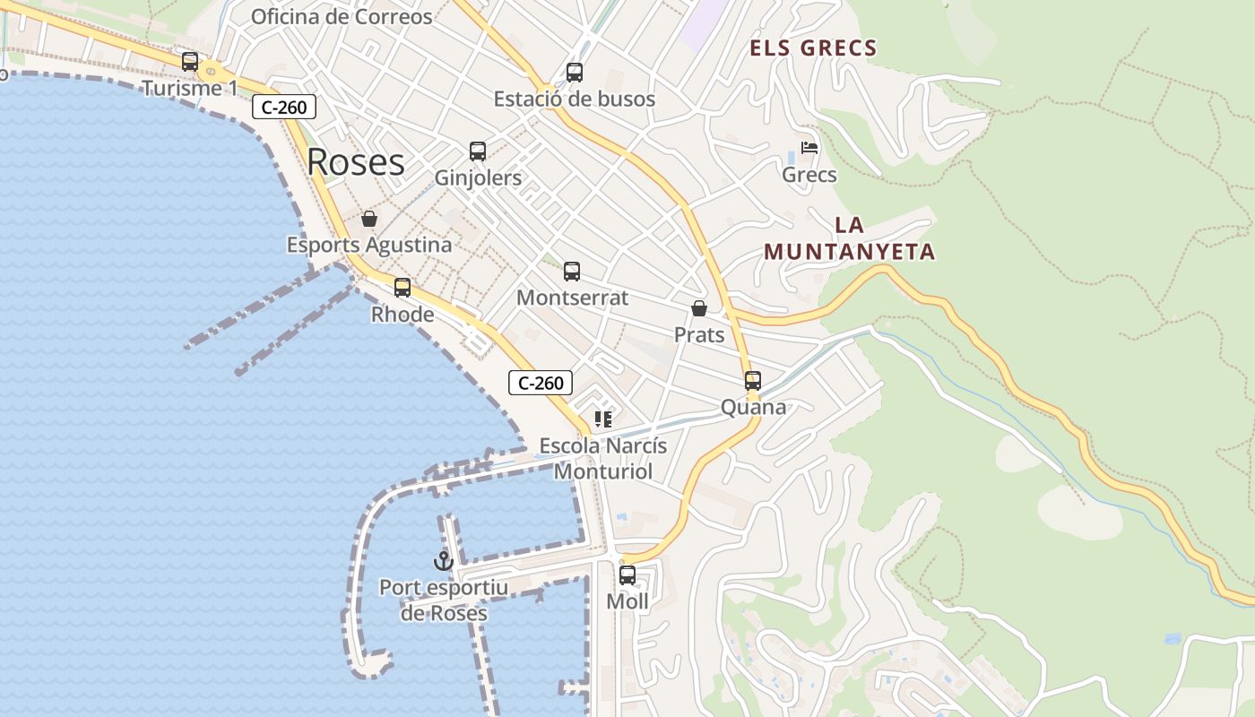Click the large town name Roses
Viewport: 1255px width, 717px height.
[356, 162]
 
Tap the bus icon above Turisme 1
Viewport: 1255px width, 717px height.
[190, 62]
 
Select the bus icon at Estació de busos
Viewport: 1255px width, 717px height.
[575, 73]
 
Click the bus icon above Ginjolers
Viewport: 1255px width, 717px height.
[478, 151]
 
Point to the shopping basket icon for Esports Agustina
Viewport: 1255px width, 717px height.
[369, 219]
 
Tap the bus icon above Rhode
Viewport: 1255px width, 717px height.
[402, 288]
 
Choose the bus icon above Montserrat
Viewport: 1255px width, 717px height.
[572, 272]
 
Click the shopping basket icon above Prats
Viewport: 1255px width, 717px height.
[699, 309]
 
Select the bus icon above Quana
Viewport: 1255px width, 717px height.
[753, 381]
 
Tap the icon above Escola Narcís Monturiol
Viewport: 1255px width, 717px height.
[602, 419]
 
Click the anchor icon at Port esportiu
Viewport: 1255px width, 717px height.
[443, 562]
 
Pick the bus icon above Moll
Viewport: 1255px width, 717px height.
[627, 575]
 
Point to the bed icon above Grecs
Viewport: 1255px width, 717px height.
[809, 148]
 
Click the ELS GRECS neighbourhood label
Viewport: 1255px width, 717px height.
[813, 48]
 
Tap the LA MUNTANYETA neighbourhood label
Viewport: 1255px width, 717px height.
[849, 238]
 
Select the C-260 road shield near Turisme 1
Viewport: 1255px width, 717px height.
[285, 108]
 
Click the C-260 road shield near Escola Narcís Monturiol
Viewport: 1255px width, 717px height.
[541, 383]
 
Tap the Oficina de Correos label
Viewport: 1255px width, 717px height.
[342, 16]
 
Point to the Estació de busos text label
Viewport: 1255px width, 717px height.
[575, 99]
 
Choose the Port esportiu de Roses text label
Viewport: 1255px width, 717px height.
[444, 600]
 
